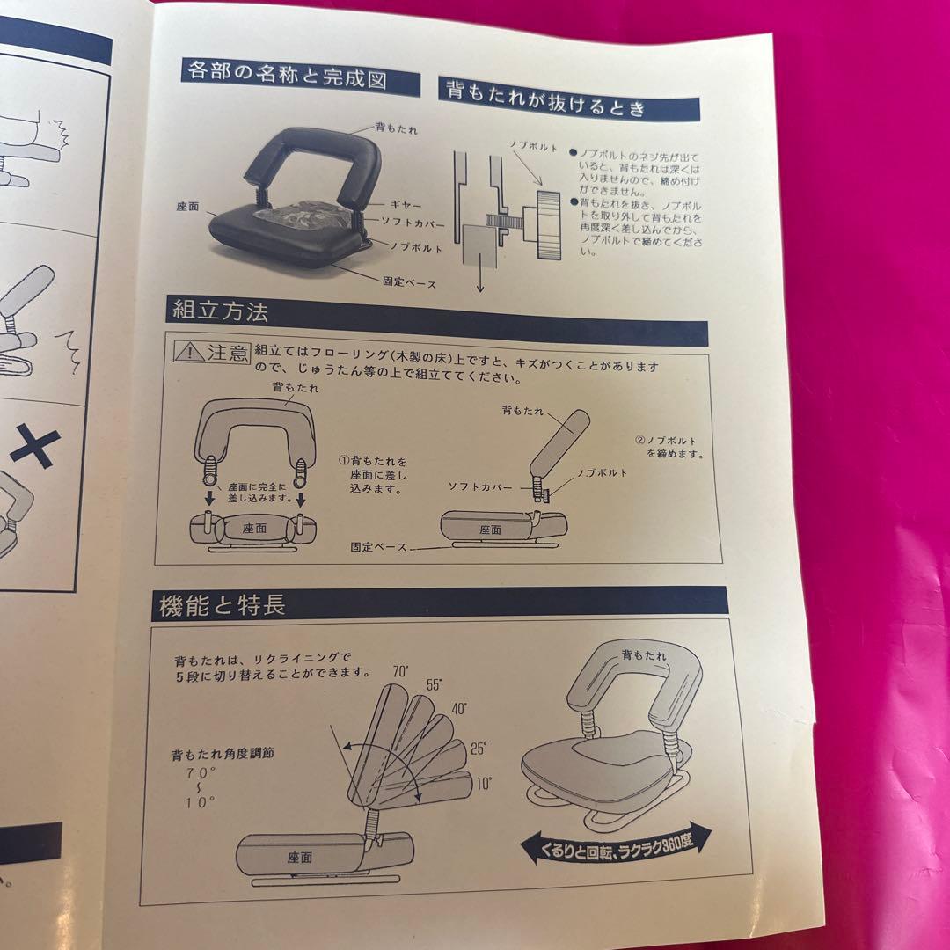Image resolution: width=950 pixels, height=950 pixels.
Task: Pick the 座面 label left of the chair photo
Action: (x=186, y=208)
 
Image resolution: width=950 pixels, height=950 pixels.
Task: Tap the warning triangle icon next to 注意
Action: (x=188, y=352)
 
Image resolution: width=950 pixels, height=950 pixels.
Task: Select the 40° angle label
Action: (x=459, y=707)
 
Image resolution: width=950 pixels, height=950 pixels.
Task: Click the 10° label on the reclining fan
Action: (x=483, y=782)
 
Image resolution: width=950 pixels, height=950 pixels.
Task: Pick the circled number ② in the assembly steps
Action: (x=640, y=439)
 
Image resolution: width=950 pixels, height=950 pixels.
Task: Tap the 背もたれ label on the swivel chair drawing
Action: (x=644, y=655)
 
